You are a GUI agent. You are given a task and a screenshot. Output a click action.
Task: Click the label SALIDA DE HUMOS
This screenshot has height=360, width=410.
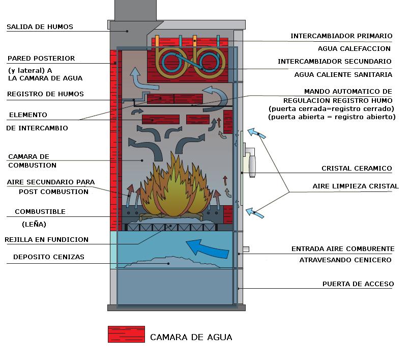(x=40, y=27)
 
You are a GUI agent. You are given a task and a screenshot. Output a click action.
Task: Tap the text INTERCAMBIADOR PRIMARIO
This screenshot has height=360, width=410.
(x=341, y=36)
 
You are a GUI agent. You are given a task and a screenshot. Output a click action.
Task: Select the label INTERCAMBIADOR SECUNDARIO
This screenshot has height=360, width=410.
(x=335, y=62)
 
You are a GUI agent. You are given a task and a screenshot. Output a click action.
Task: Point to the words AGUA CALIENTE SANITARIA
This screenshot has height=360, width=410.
(x=343, y=74)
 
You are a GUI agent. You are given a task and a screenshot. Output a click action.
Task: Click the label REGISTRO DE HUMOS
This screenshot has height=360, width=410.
(x=45, y=94)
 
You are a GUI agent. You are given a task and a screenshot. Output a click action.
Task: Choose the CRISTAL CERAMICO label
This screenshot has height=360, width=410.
(x=357, y=169)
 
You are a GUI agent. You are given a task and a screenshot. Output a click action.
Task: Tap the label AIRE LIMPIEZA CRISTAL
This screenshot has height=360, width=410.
(x=356, y=186)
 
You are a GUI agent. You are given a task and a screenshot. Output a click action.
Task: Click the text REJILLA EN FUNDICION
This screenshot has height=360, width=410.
(x=46, y=239)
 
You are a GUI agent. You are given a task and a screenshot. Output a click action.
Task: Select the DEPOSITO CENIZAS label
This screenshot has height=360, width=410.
(x=49, y=257)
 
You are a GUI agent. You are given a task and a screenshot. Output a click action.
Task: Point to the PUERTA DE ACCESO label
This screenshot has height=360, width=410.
(x=358, y=284)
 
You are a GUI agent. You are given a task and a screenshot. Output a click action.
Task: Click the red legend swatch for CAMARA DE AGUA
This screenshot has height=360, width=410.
(x=126, y=335)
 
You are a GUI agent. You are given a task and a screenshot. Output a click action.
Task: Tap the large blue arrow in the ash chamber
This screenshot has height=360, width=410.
(x=206, y=248)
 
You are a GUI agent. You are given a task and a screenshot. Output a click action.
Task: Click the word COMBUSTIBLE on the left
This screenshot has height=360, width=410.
(x=40, y=211)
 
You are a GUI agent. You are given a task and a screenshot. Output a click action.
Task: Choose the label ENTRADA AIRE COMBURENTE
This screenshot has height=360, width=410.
(x=343, y=249)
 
